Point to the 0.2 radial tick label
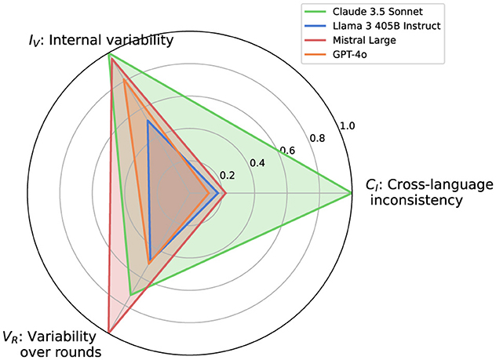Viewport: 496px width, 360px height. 227,176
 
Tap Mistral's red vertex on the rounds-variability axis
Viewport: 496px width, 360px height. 109,333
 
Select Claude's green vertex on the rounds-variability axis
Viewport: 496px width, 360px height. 130,294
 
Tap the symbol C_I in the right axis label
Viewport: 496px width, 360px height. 370,185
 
